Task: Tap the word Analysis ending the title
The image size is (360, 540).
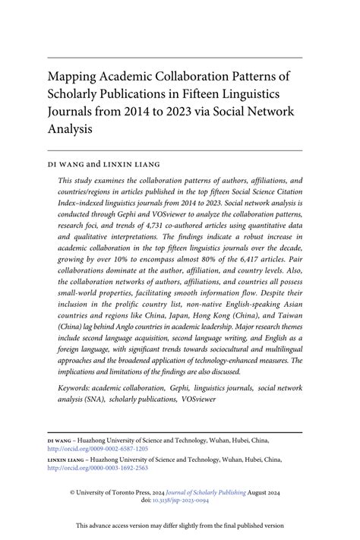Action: (x=71, y=129)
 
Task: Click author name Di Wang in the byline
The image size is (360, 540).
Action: (x=71, y=163)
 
